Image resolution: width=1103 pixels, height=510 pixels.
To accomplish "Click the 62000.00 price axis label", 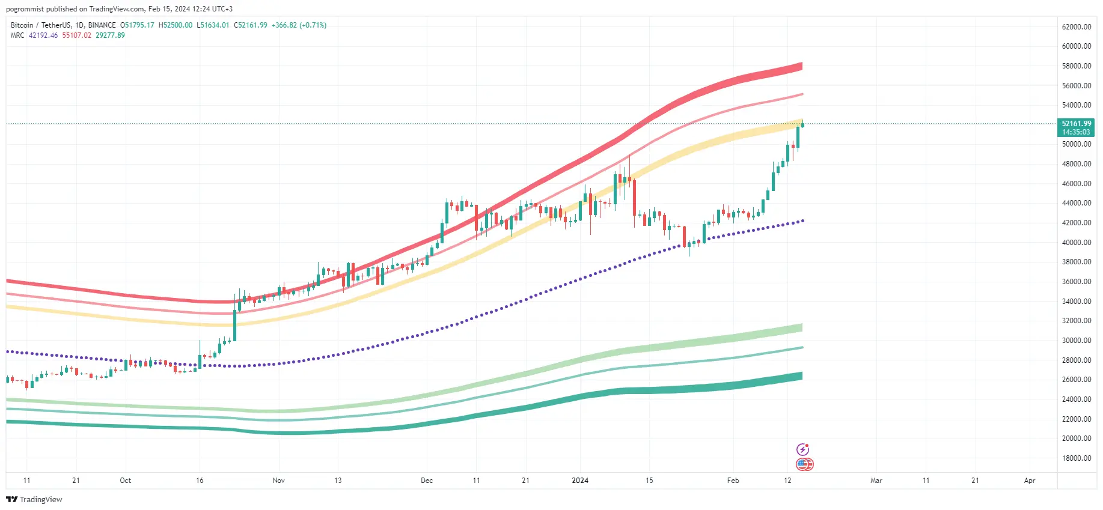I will (1076, 26).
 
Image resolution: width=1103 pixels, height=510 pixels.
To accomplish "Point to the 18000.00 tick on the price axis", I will (1076, 458).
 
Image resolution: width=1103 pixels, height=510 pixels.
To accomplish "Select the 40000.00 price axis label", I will (1076, 243).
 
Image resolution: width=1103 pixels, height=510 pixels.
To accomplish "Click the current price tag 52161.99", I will (1076, 124).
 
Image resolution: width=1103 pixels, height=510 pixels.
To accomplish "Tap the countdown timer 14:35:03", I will (1076, 132).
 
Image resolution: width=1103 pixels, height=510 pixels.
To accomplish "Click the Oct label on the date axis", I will (125, 481).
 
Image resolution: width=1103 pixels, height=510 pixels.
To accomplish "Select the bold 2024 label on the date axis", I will (580, 481).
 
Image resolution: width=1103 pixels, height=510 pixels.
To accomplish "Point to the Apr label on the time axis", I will (1030, 481).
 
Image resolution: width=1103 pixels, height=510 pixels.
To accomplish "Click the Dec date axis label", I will (427, 481).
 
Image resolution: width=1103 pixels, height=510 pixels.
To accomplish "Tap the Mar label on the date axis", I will (876, 481).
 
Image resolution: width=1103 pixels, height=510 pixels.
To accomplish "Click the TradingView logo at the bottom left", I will (34, 500).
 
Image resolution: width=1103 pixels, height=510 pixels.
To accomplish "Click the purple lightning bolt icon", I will (802, 449).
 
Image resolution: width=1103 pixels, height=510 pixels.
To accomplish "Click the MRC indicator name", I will (17, 35).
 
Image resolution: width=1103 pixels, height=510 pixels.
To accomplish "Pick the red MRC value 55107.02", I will (77, 35).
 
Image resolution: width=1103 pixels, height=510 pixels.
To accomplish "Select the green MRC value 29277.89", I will (110, 35).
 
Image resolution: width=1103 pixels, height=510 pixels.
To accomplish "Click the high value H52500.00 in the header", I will (176, 25).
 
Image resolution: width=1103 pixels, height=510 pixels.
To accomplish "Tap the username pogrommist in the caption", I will (25, 9).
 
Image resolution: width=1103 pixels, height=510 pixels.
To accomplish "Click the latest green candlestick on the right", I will (802, 124).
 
